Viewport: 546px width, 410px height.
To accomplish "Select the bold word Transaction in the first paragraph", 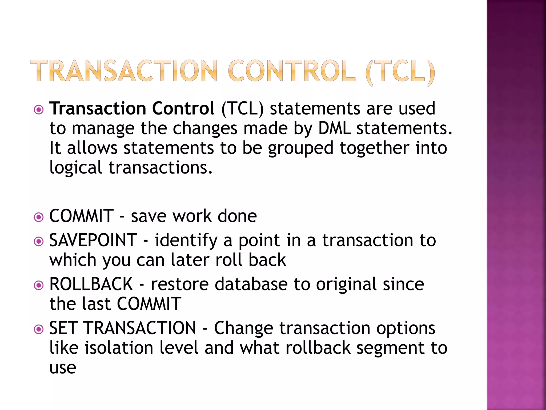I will point(98,108).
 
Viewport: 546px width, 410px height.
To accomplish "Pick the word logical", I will point(76,168).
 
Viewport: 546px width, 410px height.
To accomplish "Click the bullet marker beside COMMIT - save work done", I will point(39,217).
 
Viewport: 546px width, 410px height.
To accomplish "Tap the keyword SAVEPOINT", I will point(93,240).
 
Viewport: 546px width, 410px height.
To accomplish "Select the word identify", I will point(186,241).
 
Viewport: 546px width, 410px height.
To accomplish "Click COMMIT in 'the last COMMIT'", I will point(149,304).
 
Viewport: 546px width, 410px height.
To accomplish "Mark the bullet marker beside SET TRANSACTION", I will point(39,329).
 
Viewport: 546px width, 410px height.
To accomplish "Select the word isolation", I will point(119,348).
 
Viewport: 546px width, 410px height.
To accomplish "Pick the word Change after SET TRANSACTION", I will point(243,328).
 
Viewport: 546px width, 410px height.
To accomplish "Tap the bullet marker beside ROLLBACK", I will point(39,285).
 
